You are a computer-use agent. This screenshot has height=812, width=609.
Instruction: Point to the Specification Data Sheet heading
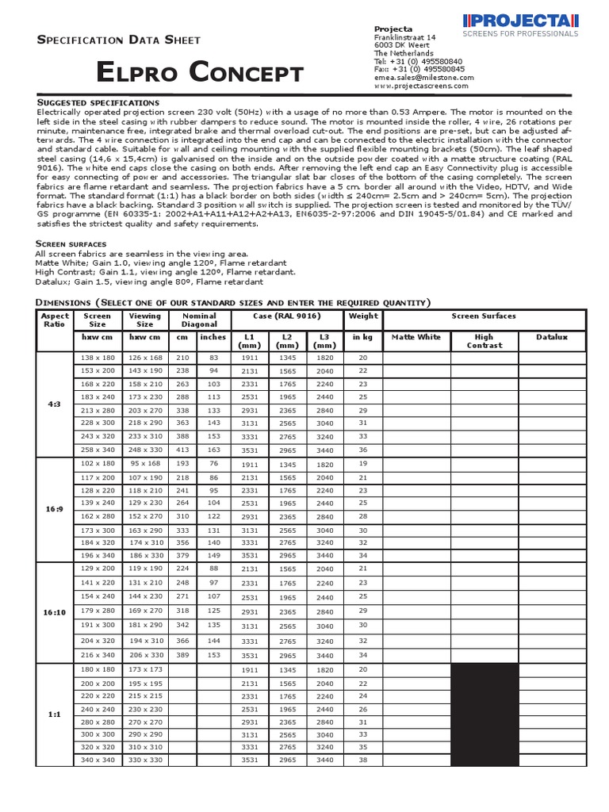coord(120,40)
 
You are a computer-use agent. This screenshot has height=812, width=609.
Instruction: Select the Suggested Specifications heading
coord(99,103)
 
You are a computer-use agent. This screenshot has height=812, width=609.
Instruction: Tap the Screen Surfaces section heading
coord(70,243)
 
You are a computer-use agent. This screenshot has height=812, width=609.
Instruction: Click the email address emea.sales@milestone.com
coord(423,78)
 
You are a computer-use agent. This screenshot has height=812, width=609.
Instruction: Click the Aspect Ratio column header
coord(55,320)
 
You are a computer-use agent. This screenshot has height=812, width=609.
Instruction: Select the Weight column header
coord(363,316)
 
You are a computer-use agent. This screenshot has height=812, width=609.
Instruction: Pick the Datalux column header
coord(550,337)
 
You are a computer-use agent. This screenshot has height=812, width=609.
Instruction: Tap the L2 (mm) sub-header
coord(288,341)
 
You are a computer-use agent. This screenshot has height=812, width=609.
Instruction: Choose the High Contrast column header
coord(484,341)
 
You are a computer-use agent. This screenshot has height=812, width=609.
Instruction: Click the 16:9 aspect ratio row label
coord(55,509)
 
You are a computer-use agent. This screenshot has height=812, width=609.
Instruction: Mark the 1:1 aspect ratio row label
coord(55,714)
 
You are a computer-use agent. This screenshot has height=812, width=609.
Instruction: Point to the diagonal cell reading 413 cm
coord(182,450)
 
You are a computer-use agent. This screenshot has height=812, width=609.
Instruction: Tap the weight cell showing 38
coord(363,760)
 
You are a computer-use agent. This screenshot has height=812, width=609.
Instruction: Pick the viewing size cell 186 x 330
coord(145,556)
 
